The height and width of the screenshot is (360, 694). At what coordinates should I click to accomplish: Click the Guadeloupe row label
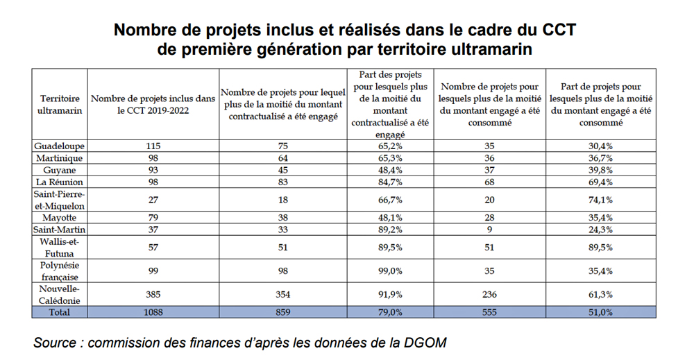[59, 146]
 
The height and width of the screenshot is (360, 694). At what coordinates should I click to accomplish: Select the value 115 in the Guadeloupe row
[153, 146]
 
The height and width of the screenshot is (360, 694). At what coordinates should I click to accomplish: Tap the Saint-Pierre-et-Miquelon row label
[59, 200]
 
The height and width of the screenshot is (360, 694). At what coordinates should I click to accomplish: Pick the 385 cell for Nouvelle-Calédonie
[153, 294]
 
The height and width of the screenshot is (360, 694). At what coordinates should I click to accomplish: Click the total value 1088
[153, 312]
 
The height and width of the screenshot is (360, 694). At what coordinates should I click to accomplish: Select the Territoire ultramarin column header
[59, 105]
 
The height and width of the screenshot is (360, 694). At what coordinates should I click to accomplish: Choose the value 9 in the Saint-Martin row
[490, 229]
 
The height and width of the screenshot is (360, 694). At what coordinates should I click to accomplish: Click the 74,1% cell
[601, 200]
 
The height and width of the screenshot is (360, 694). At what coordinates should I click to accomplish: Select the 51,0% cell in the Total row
[601, 312]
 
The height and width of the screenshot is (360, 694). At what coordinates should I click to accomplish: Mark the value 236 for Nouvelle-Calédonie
[490, 294]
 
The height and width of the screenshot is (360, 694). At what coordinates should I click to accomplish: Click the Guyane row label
[59, 170]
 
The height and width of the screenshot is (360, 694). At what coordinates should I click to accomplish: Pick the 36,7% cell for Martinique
[601, 158]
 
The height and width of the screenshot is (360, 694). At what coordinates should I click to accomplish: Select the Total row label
[59, 312]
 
